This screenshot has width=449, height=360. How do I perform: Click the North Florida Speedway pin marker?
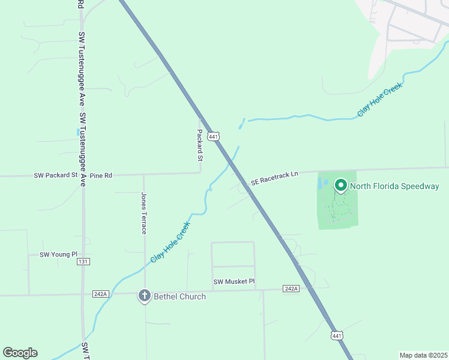click(340, 185)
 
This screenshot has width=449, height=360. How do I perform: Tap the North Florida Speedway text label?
click(394, 186)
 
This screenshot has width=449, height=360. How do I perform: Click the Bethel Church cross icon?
click(144, 295)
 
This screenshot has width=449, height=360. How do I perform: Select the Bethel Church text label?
click(179, 296)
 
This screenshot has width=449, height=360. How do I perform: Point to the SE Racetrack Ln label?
click(274, 177)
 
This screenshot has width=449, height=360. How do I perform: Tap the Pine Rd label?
click(101, 176)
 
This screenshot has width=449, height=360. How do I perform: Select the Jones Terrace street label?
click(143, 213)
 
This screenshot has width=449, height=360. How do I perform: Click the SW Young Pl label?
click(59, 254)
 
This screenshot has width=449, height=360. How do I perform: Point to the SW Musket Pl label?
click(234, 281)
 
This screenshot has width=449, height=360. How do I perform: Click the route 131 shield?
click(83, 262)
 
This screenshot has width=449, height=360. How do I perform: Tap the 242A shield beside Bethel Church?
click(100, 293)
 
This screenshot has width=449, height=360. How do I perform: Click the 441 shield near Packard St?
click(213, 136)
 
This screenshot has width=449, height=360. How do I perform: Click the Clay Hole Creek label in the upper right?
click(379, 99)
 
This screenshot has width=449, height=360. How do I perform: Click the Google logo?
click(20, 353)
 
